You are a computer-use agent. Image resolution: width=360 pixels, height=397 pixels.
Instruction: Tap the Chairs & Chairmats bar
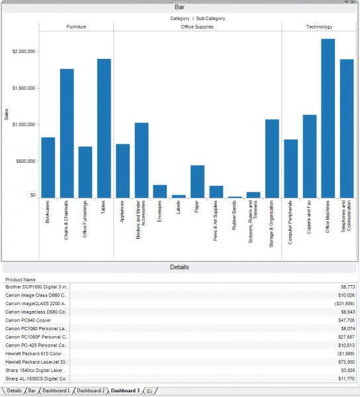click(67, 133)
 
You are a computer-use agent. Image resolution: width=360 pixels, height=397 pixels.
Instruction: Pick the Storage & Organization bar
click(272, 158)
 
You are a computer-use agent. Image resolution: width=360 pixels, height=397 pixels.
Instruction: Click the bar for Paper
click(197, 181)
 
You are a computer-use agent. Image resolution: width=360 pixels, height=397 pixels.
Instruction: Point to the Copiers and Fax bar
click(309, 156)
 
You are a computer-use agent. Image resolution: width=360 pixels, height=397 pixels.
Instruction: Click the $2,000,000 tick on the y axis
click(24, 51)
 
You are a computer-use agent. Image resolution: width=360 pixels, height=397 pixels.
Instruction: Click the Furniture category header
click(76, 27)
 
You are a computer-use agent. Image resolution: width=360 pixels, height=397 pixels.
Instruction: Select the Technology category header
click(319, 27)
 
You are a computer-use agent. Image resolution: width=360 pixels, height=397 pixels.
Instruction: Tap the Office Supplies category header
click(197, 27)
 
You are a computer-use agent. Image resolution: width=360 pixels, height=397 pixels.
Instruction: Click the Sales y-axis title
click(7, 114)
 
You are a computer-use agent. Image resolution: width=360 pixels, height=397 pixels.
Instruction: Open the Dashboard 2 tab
click(91, 391)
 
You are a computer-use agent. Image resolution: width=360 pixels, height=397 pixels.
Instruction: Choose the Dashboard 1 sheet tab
click(56, 391)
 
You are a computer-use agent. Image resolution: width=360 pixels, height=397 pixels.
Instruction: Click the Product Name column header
click(21, 280)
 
